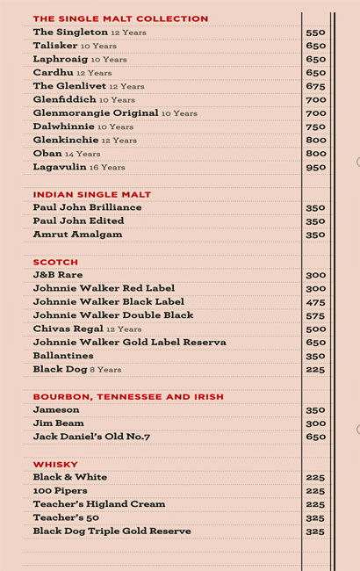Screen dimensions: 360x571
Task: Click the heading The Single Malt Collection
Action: click(x=120, y=18)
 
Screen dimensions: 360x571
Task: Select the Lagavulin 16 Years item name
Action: click(x=79, y=167)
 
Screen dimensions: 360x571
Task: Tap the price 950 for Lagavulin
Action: click(x=315, y=167)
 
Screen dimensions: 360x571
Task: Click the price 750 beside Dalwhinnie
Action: click(x=315, y=126)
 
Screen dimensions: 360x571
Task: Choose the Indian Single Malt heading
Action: click(x=92, y=194)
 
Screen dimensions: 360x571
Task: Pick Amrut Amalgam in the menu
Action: click(x=77, y=235)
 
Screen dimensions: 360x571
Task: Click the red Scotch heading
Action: click(x=55, y=262)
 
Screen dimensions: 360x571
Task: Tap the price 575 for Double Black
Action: click(x=315, y=315)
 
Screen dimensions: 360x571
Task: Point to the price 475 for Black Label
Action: click(x=315, y=302)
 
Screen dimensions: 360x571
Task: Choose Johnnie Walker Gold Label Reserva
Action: click(x=129, y=343)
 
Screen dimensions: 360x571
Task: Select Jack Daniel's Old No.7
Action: click(x=91, y=437)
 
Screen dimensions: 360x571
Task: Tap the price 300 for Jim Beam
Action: click(x=315, y=423)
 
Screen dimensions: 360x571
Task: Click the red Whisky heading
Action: click(x=55, y=464)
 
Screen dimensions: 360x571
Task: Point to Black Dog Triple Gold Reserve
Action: click(x=112, y=531)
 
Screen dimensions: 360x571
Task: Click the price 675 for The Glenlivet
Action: click(x=315, y=86)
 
